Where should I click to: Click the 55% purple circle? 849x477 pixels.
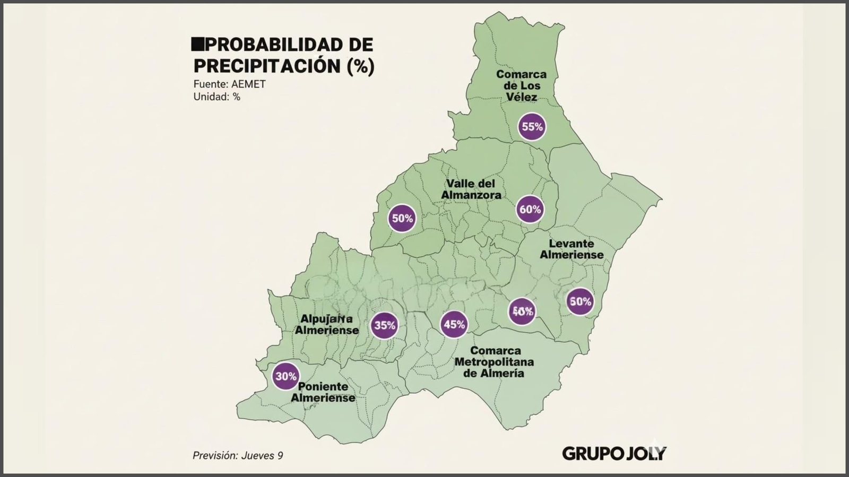[532, 127]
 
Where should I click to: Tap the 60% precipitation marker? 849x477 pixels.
[530, 210]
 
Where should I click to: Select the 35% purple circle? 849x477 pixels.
[384, 325]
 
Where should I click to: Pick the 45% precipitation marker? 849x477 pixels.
[454, 324]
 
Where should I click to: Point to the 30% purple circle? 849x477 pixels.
[285, 376]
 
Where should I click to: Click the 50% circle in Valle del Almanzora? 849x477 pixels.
[402, 218]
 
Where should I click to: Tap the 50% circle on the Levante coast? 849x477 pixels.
[580, 301]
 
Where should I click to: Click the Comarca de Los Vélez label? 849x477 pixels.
[521, 85]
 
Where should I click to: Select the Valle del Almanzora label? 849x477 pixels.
[471, 189]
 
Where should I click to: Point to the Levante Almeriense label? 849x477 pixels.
[571, 249]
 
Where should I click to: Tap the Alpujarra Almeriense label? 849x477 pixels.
[326, 324]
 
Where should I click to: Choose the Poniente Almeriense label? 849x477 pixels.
[323, 392]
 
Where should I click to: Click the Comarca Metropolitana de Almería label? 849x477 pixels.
[494, 362]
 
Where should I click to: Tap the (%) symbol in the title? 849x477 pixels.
[360, 66]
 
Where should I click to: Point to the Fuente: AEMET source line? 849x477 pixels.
[229, 84]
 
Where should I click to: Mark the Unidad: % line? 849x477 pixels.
[216, 97]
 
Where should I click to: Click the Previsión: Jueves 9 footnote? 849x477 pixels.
[237, 455]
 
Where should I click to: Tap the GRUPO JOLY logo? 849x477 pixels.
[613, 454]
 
